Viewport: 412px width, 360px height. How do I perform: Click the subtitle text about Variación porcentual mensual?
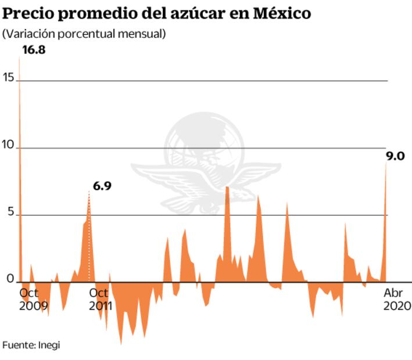tap(84, 34)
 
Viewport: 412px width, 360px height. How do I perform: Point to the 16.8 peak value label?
tap(34, 51)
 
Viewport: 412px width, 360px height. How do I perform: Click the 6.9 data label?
tap(102, 186)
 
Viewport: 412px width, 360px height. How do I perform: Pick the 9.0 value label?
tap(395, 156)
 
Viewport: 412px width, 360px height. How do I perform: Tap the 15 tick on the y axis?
tap(7, 77)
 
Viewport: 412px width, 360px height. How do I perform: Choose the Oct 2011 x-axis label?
tap(101, 299)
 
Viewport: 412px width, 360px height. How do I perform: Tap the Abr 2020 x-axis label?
tap(397, 299)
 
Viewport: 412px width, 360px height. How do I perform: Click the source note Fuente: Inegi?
tap(31, 345)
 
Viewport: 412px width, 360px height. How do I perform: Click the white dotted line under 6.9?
tap(89, 238)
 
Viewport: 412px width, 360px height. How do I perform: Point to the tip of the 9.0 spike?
tap(386, 163)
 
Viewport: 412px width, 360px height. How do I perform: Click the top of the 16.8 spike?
tap(19, 58)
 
